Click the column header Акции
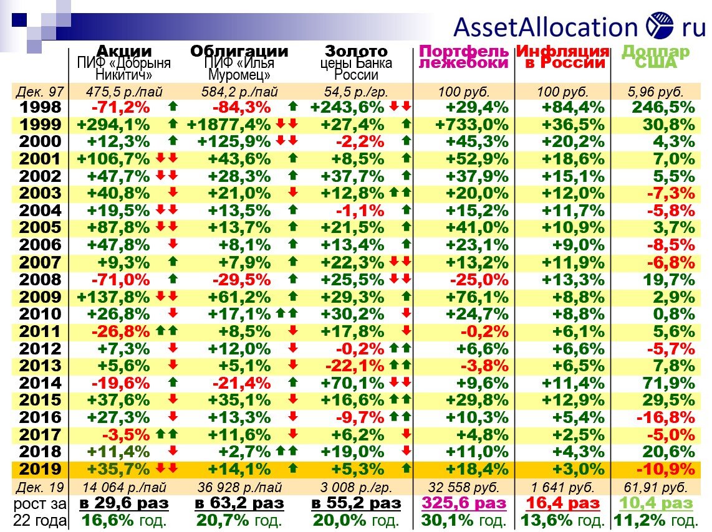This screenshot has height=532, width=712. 124,51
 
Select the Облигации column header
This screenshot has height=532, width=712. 239,51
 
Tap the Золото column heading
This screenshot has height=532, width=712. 356,51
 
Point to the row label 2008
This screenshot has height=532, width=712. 41,279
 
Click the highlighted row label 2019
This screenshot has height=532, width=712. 41,468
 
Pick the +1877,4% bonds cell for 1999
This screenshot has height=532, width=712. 229,124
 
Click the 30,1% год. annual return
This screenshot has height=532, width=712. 464,520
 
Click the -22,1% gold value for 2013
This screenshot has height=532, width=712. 353,365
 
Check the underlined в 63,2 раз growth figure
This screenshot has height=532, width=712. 239,503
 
